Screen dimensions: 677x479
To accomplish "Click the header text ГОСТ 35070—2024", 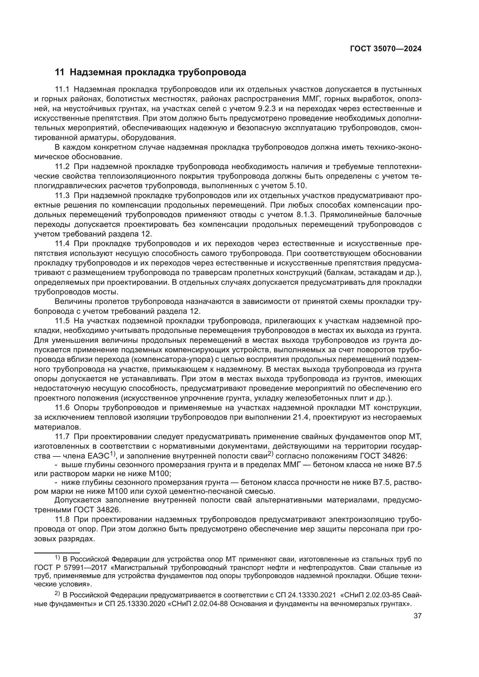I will point(385,49).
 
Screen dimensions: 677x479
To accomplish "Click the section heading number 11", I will point(59,72).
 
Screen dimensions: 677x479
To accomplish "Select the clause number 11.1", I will point(62,89).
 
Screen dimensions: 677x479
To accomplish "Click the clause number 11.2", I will point(62,167).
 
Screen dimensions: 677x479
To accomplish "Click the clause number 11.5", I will point(62,321).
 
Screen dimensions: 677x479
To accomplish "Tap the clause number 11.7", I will point(62,437).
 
